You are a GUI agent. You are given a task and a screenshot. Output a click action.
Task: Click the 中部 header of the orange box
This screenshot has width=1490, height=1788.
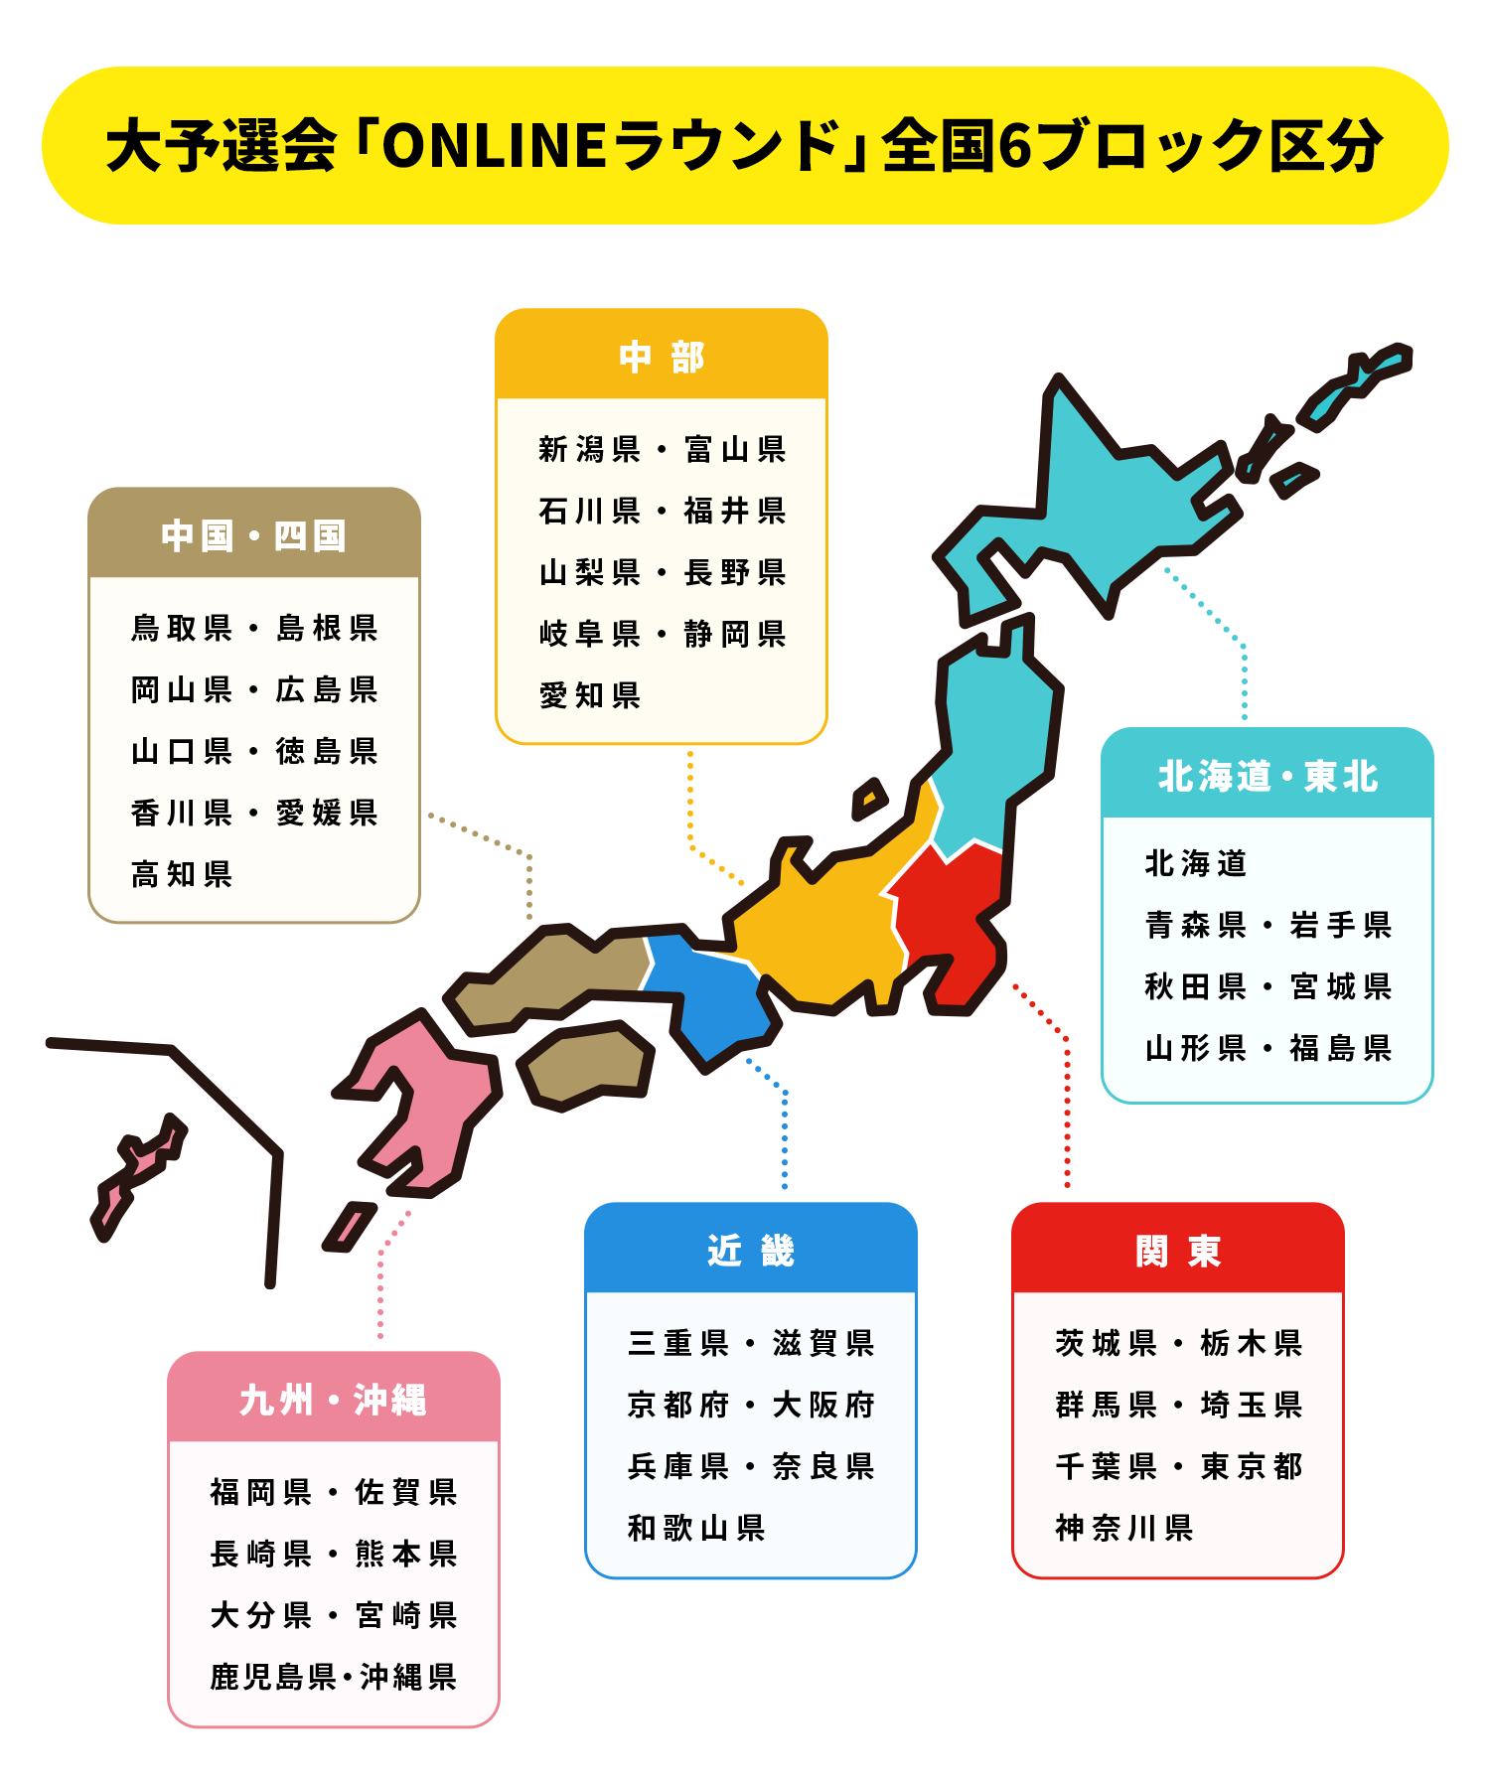[662, 357]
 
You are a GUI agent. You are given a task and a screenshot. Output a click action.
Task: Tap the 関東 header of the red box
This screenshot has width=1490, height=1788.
[1177, 1251]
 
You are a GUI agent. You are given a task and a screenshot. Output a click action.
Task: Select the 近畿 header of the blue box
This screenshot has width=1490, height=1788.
[751, 1251]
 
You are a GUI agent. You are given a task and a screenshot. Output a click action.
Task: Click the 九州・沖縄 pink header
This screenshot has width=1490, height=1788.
[333, 1400]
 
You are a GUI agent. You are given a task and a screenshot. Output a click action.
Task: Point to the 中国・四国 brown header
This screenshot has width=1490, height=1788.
[254, 535]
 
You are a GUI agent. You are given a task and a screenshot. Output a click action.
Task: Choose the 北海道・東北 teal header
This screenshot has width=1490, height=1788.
[1267, 776]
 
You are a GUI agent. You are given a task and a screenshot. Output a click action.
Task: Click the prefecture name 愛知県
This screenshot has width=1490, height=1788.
[590, 695]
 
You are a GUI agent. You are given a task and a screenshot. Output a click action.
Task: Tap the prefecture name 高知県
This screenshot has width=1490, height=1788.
[182, 874]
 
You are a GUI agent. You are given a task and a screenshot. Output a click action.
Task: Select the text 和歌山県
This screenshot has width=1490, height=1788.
[696, 1528]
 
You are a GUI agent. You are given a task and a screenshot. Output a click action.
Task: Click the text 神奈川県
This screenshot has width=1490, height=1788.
[1124, 1528]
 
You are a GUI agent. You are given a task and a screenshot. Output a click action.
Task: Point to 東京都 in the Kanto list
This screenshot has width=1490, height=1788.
[1252, 1466]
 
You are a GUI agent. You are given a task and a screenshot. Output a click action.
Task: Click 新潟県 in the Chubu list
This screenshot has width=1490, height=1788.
[590, 449]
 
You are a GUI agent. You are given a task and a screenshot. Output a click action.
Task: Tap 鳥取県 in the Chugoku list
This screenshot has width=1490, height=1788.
[182, 628]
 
